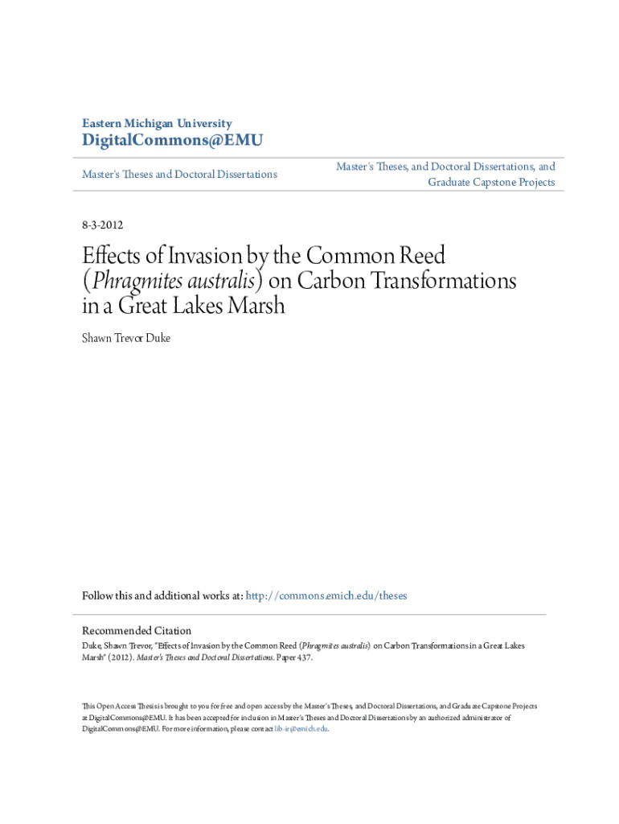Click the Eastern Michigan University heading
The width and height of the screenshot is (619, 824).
coord(157,123)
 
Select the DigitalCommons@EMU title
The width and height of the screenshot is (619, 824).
coord(173,142)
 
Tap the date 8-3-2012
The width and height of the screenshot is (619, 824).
coord(102,225)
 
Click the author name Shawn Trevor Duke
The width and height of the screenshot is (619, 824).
coord(126,338)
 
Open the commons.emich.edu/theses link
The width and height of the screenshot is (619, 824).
coord(326,596)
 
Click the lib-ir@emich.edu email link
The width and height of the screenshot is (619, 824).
coord(301,729)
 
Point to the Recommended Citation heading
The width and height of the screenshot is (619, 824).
coord(137,631)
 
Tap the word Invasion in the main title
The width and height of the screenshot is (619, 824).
coord(204,257)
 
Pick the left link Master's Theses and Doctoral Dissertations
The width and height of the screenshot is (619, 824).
coord(179,174)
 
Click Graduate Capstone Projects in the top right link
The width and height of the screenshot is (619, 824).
coord(491,183)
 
